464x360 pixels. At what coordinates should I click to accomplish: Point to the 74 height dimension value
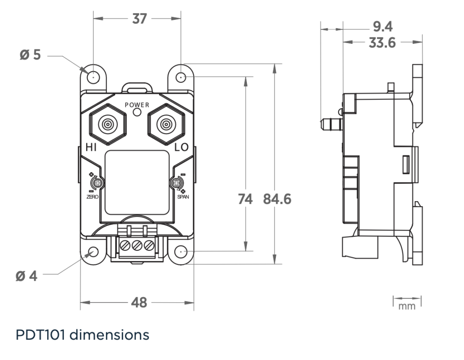click(x=245, y=199)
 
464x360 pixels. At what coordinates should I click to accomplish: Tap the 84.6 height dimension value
click(x=277, y=199)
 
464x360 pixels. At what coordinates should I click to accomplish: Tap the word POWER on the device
click(x=137, y=105)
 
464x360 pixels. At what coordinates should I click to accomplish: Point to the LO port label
click(x=182, y=148)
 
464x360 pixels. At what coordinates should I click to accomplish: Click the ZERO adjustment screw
click(x=97, y=183)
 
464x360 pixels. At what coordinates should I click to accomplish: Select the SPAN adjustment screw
click(x=176, y=183)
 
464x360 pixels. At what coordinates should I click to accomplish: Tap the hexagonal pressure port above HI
click(x=108, y=124)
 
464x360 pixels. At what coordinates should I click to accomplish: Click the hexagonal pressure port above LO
click(x=165, y=124)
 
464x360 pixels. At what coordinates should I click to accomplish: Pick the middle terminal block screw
click(x=137, y=247)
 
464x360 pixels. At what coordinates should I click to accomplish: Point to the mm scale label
click(x=406, y=307)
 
